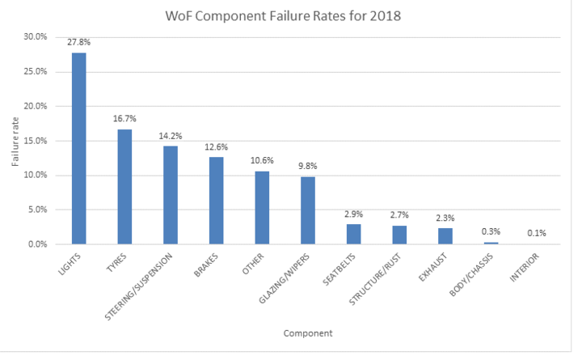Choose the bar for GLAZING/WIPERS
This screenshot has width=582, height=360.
308,210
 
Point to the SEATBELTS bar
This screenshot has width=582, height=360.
353,234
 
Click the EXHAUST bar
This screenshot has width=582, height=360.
445,235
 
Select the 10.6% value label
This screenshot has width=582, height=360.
262,162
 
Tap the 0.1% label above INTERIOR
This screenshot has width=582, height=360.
537,234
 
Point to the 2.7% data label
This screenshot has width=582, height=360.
399,216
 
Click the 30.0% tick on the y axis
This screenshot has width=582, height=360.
36,37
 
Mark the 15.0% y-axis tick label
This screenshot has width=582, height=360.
36,141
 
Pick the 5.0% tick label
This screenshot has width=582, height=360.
38,210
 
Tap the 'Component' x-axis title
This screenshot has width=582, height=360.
308,332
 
